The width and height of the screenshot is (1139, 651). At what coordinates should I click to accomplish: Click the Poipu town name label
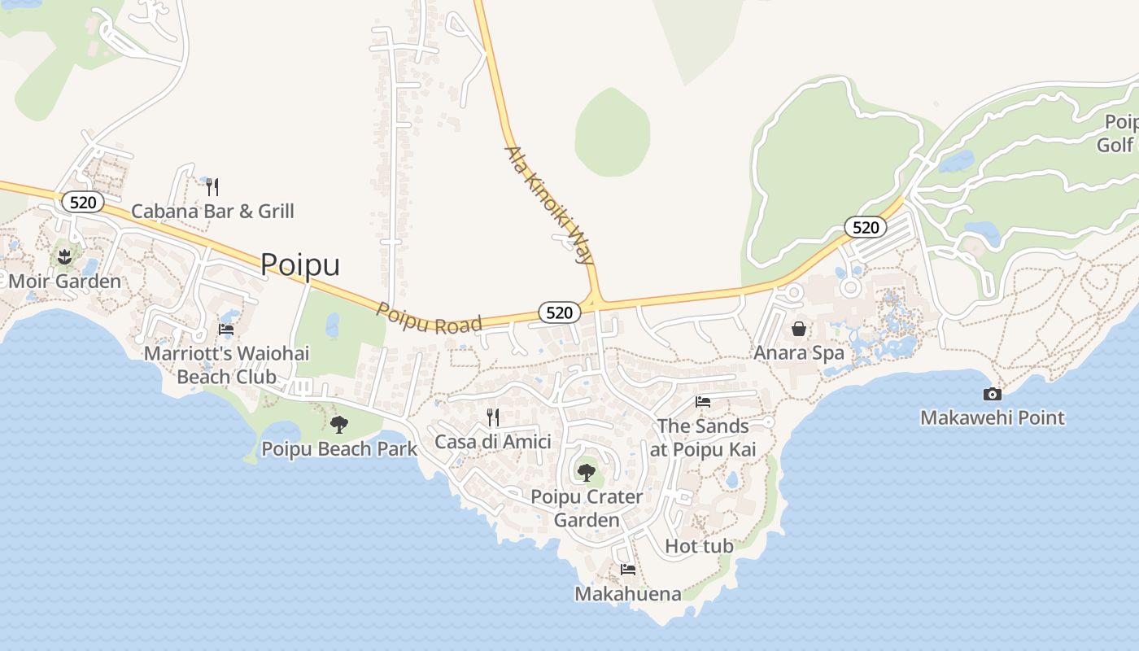(x=300, y=265)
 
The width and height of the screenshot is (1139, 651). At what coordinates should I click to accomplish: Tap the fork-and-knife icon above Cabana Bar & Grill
(x=212, y=187)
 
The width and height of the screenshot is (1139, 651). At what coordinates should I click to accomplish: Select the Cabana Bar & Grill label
(x=212, y=212)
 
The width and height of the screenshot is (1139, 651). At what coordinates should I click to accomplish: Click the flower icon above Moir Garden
(x=64, y=258)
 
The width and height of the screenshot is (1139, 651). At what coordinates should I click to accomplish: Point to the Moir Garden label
(x=65, y=282)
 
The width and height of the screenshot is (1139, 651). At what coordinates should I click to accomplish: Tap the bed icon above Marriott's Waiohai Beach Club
(x=226, y=330)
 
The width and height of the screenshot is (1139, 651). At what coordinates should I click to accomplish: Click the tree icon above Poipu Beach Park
(x=338, y=424)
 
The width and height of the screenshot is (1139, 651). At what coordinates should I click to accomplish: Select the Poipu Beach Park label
(x=338, y=448)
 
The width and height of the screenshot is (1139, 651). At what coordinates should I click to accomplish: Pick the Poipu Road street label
(x=429, y=317)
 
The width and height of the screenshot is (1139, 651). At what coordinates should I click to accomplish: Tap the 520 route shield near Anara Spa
(x=865, y=227)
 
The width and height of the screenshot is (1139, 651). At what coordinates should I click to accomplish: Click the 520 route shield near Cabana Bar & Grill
(x=83, y=202)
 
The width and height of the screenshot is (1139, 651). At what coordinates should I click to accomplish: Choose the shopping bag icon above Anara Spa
(x=799, y=329)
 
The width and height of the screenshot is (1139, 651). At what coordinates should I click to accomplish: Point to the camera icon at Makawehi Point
(x=992, y=395)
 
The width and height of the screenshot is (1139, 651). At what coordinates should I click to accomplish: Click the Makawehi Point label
(x=992, y=418)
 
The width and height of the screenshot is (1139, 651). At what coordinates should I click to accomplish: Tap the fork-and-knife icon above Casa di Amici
(x=492, y=417)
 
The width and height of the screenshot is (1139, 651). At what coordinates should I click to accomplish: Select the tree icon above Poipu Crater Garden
(x=586, y=472)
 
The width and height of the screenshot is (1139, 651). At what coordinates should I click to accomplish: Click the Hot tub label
(x=699, y=546)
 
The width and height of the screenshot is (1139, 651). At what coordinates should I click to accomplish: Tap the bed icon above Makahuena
(x=627, y=570)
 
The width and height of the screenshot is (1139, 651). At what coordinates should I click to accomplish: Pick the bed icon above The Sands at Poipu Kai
(x=703, y=402)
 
